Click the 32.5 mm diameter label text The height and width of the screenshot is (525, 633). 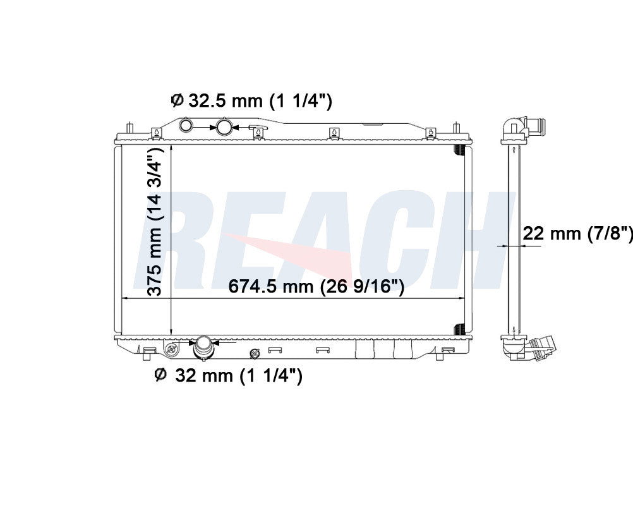[251, 101]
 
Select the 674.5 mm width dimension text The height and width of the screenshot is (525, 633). [316, 286]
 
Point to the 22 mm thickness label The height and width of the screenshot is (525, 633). [577, 233]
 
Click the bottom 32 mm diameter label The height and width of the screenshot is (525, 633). [229, 375]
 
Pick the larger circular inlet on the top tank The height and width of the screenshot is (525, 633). [224, 126]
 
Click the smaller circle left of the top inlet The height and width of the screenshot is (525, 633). [186, 125]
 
